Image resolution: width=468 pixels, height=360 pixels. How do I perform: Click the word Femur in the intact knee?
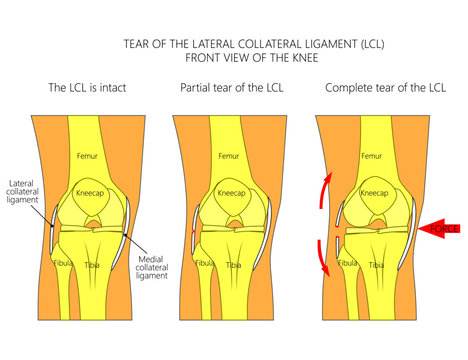coord(88,156)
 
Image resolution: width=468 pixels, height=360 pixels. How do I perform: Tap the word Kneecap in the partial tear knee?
coord(231,192)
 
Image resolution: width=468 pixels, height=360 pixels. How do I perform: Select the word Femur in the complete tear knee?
coord(371,156)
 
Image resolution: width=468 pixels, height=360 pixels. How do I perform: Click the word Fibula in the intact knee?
coord(64,264)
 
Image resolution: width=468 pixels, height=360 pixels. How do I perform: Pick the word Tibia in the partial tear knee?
coord(233,265)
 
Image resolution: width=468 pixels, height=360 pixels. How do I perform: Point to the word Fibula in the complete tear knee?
coord(348,264)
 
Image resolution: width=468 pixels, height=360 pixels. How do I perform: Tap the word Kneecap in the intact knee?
coord(89,192)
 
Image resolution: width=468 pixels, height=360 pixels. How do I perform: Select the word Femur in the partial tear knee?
coord(229,156)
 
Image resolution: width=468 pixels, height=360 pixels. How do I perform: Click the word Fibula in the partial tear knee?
coord(205,264)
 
